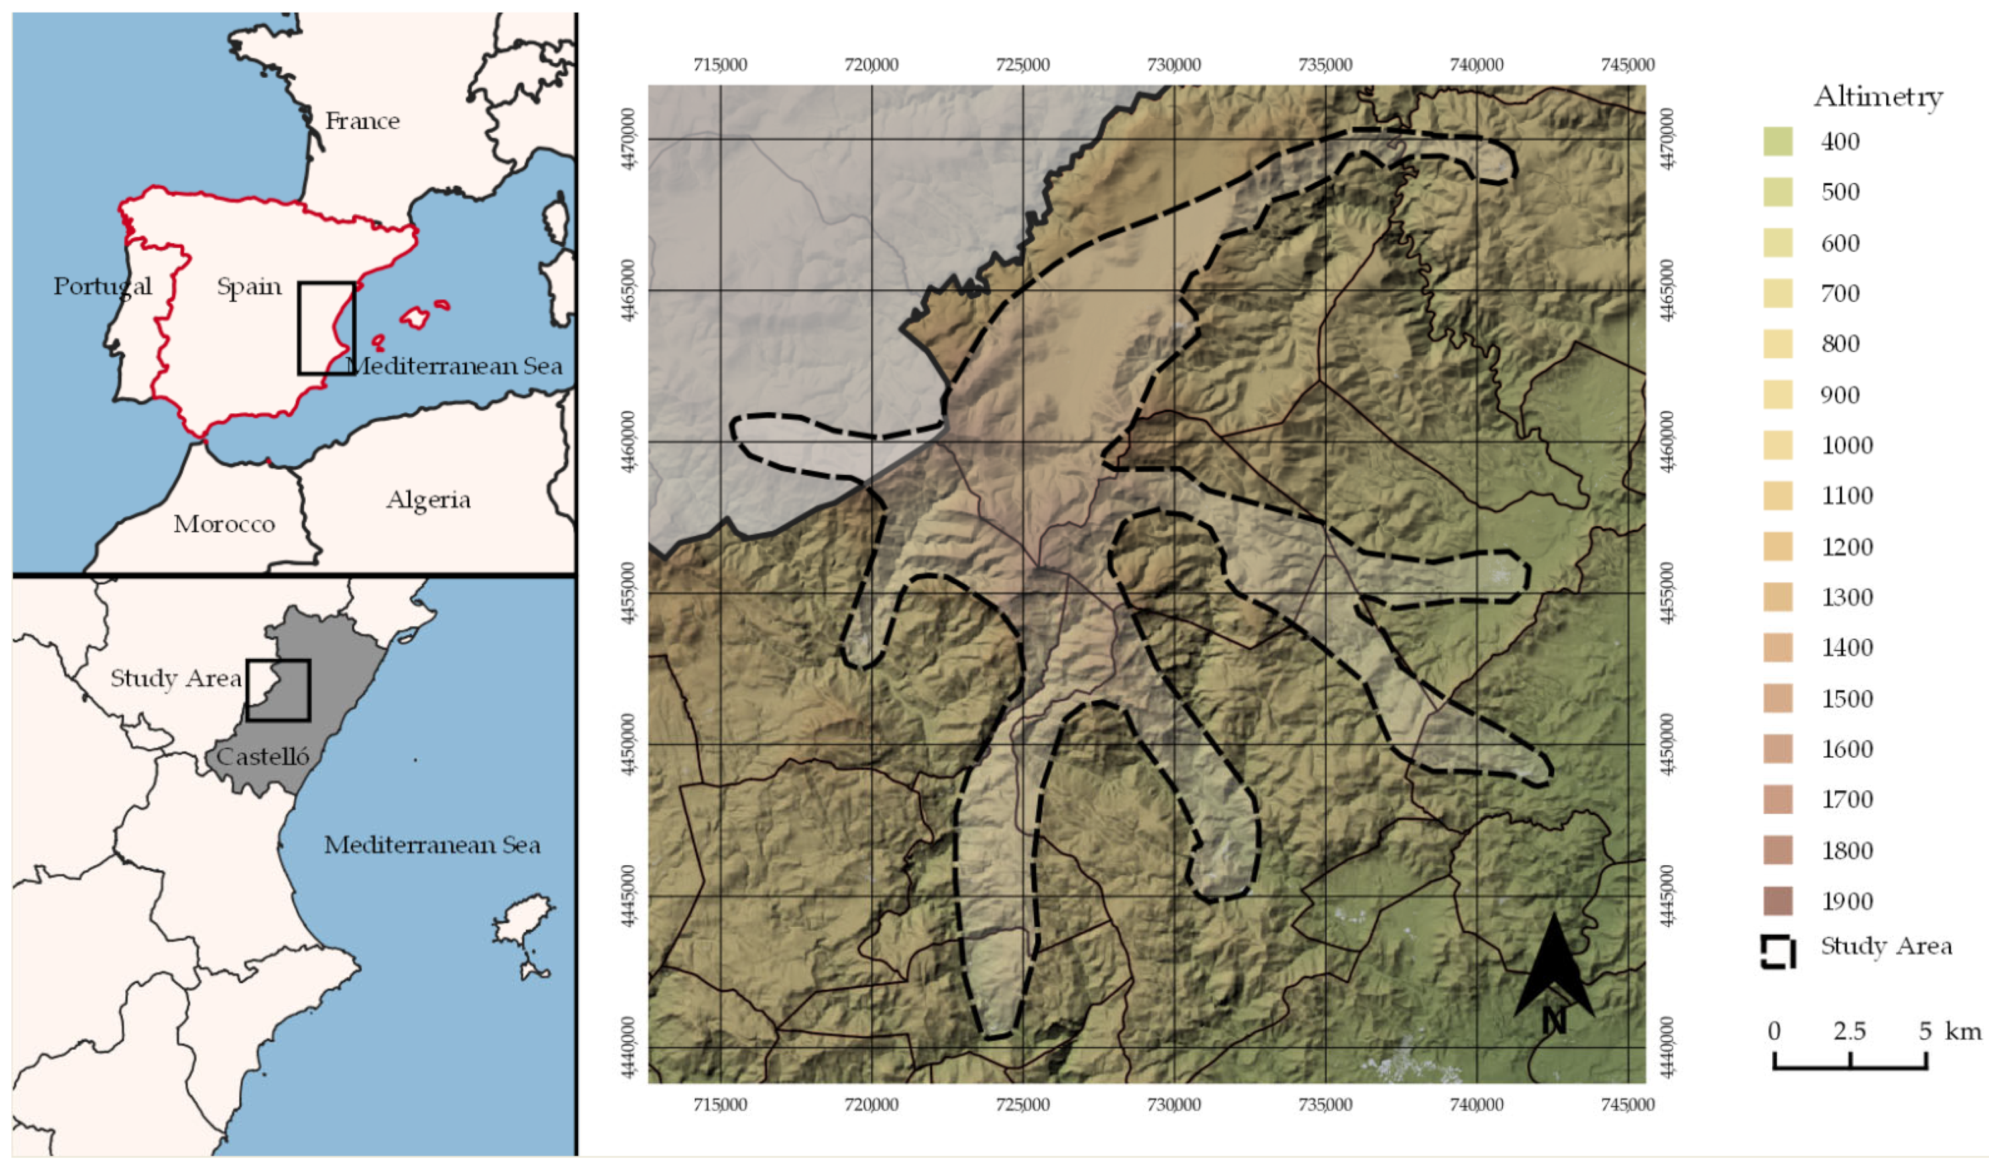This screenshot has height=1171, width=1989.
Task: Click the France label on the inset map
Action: point(362,121)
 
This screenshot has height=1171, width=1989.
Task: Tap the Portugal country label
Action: point(103,286)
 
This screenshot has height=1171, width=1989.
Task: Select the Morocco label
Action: point(224,524)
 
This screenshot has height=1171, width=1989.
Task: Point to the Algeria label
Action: point(428,500)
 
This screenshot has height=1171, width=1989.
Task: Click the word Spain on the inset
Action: point(249,286)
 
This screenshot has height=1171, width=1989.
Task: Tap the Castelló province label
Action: point(262,756)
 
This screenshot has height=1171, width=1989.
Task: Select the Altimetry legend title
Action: point(1878,97)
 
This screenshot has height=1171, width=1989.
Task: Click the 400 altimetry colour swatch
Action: point(1778,141)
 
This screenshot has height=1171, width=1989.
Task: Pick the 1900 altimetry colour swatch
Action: point(1778,901)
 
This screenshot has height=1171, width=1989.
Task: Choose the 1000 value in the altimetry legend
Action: point(1847,445)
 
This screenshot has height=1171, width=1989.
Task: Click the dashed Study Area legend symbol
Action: point(1778,951)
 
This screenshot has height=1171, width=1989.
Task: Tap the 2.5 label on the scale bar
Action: point(1849,1031)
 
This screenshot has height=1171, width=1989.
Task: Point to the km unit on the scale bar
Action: point(1963,1031)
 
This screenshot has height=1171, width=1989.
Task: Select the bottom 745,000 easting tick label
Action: point(1628,1104)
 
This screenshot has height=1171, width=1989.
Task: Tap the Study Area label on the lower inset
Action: point(175,678)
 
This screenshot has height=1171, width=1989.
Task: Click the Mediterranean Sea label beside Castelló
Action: point(432,845)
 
